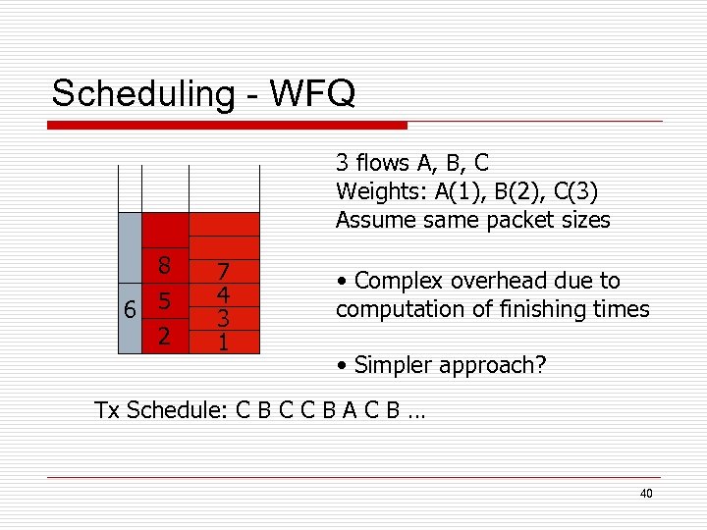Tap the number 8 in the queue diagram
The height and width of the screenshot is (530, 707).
point(165,266)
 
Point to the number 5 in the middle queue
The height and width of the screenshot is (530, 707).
point(165,301)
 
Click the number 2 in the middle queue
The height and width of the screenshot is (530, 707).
point(165,337)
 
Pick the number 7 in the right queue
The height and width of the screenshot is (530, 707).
point(223,272)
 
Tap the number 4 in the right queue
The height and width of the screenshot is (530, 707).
point(223,295)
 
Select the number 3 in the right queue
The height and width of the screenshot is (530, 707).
point(223,319)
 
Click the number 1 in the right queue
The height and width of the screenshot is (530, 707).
point(223,343)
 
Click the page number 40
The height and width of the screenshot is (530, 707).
point(645,494)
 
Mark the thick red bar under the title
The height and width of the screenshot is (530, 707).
point(228,126)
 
